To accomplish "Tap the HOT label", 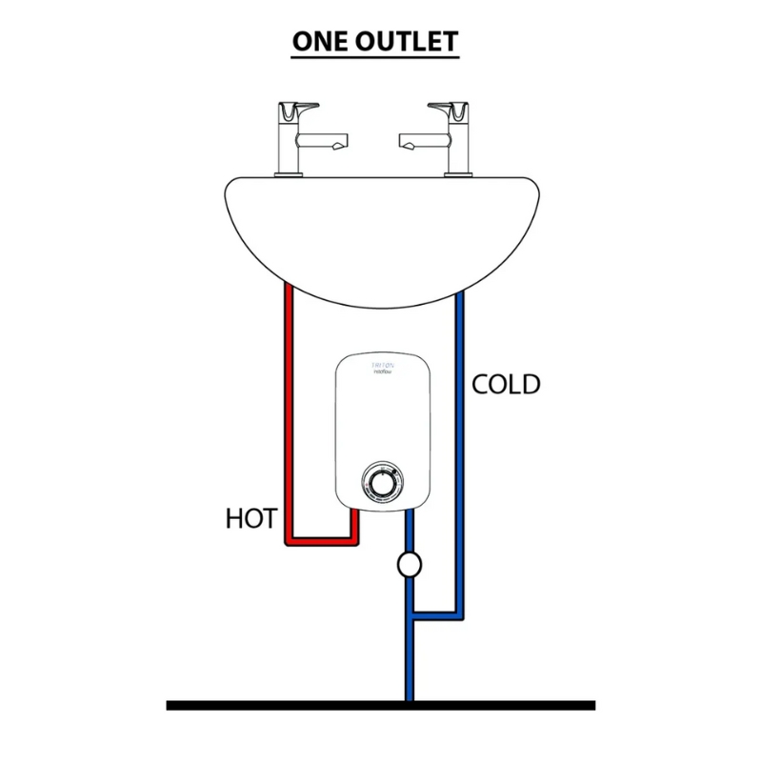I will pyautogui.click(x=251, y=519).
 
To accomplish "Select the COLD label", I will pyautogui.click(x=506, y=385).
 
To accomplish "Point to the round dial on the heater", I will pyautogui.click(x=381, y=482).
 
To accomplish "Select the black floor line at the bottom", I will pyautogui.click(x=381, y=705).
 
